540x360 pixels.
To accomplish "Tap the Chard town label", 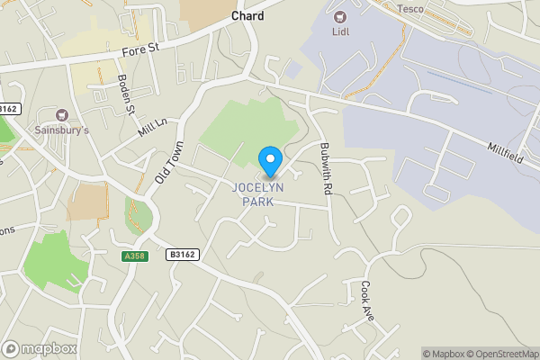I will coord(247,16).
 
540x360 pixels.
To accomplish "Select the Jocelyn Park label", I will coord(258,194).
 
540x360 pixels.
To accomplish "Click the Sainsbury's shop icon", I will coord(62,114).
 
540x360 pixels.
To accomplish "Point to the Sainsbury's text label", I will coord(62,130).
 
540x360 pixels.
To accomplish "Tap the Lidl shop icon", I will coord(340,16).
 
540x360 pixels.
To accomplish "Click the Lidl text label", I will coord(340,31).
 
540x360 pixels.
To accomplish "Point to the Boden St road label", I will coord(125,95).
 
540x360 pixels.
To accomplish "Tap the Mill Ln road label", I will coord(153,128).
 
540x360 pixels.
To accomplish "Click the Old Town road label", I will coord(168,163).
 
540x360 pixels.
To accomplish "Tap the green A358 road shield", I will coord(134,256).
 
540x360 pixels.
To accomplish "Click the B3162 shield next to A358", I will coord(182,256).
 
